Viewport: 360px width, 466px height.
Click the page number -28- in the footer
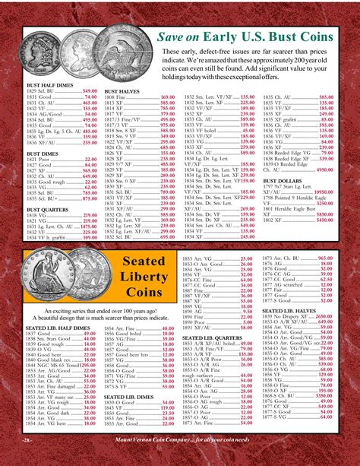click(x=26, y=461)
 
